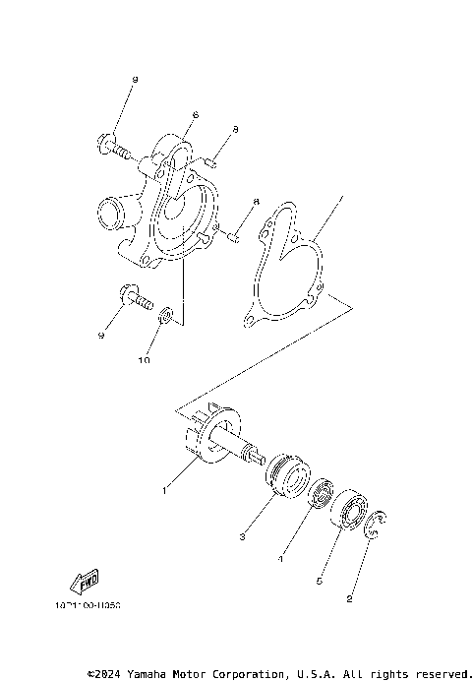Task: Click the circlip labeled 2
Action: [x=377, y=525]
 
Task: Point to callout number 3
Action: [x=241, y=536]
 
